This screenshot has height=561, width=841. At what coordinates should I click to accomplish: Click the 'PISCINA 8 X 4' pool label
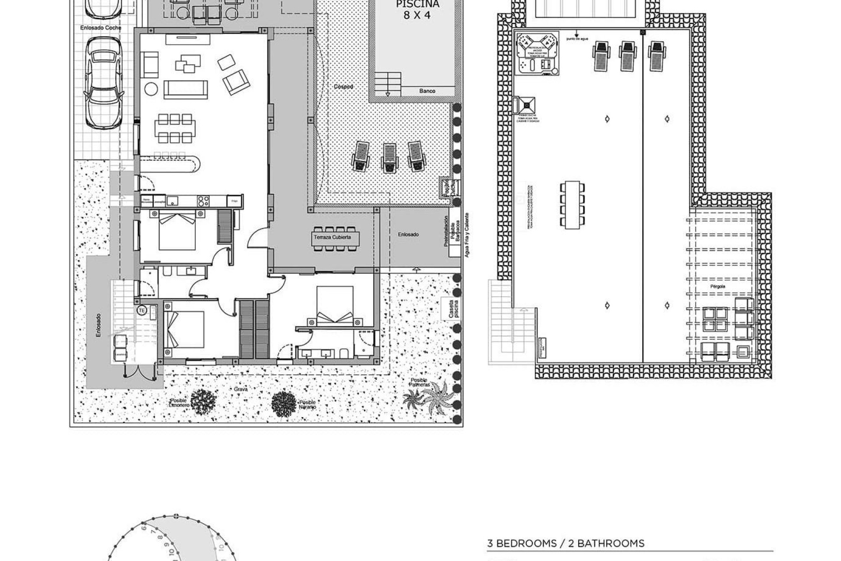(417, 10)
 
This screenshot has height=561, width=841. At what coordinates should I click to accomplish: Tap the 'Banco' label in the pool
(427, 91)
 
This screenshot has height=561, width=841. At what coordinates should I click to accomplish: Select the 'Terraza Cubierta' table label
(332, 238)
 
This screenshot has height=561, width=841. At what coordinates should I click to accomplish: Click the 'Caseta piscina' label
(452, 309)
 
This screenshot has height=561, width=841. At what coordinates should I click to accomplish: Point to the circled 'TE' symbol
(141, 310)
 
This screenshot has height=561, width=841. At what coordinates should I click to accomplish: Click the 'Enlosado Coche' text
(101, 28)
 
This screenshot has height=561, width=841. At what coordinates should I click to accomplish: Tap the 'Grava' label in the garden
(241, 389)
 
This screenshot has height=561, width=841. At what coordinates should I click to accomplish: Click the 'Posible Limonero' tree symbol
(203, 401)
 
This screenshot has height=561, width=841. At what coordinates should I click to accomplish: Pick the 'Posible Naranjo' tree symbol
(283, 404)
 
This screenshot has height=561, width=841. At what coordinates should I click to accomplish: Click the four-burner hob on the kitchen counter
(203, 201)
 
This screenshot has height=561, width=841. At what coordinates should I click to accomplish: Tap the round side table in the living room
(151, 89)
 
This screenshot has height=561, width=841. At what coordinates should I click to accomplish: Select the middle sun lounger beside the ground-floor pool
(389, 157)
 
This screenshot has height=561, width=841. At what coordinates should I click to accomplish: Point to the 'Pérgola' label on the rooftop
(717, 287)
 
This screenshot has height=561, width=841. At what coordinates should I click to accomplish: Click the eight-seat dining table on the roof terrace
(572, 204)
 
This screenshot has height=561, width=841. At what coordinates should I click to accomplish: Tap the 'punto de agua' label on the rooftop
(577, 39)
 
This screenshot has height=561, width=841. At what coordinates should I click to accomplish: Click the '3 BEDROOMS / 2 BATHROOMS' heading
(565, 544)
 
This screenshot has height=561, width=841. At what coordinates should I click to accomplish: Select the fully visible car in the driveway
(104, 82)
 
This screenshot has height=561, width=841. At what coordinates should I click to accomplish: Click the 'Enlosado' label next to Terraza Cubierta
(408, 234)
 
